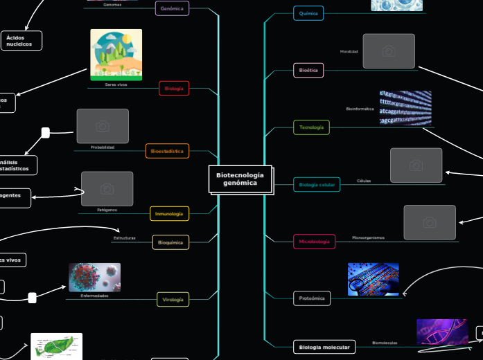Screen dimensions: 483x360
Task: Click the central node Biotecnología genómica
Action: click(240, 179)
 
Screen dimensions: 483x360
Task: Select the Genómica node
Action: click(172, 9)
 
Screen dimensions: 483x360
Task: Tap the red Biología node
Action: click(174, 89)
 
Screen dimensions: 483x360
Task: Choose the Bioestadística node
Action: click(167, 151)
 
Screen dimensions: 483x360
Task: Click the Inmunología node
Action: click(169, 214)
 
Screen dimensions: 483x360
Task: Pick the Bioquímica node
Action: click(170, 243)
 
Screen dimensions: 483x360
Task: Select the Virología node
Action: click(172, 300)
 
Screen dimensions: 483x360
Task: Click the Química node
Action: click(308, 13)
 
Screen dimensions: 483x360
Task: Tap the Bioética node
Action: click(308, 71)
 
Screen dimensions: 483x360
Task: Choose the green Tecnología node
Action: click(311, 128)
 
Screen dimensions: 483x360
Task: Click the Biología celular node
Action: click(317, 185)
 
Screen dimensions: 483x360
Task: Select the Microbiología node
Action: click(315, 242)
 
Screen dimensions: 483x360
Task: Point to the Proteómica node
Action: click(312, 298)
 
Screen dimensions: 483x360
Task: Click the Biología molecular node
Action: click(324, 347)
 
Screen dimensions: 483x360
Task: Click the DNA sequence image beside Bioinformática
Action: click(405, 108)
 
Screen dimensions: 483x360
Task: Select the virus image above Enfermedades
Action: click(94, 277)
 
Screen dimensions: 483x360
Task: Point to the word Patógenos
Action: click(107, 210)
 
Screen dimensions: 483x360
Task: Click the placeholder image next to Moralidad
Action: click(389, 51)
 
